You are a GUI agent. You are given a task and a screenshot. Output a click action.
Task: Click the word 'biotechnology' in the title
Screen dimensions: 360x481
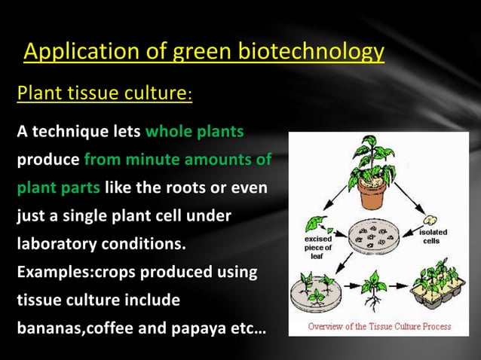pos(311,52)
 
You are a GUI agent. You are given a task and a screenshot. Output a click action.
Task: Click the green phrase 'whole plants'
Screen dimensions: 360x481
pos(194,132)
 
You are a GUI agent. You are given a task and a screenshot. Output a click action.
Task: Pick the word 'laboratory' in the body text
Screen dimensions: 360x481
pos(54,245)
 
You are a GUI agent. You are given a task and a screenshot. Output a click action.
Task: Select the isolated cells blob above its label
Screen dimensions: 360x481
pos(433,219)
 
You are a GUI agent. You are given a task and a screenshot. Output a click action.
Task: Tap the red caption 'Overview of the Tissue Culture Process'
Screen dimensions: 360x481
pos(379,327)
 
